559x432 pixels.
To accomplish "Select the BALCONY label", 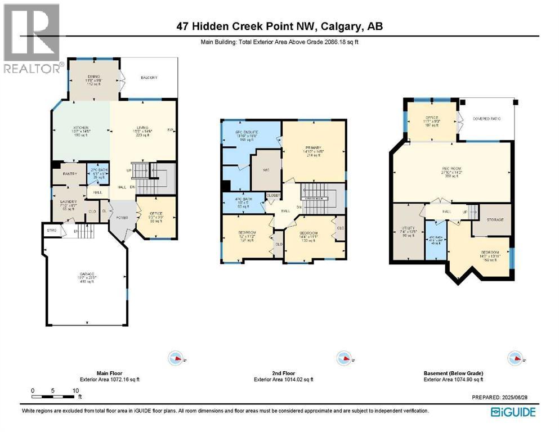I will pyautogui.click(x=149, y=78).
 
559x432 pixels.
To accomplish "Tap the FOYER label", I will pyautogui.click(x=122, y=218).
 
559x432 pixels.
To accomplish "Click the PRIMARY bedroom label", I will pyautogui.click(x=314, y=147).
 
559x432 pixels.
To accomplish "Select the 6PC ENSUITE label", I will pyautogui.click(x=250, y=133).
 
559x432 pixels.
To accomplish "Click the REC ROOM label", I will pyautogui.click(x=452, y=166).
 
